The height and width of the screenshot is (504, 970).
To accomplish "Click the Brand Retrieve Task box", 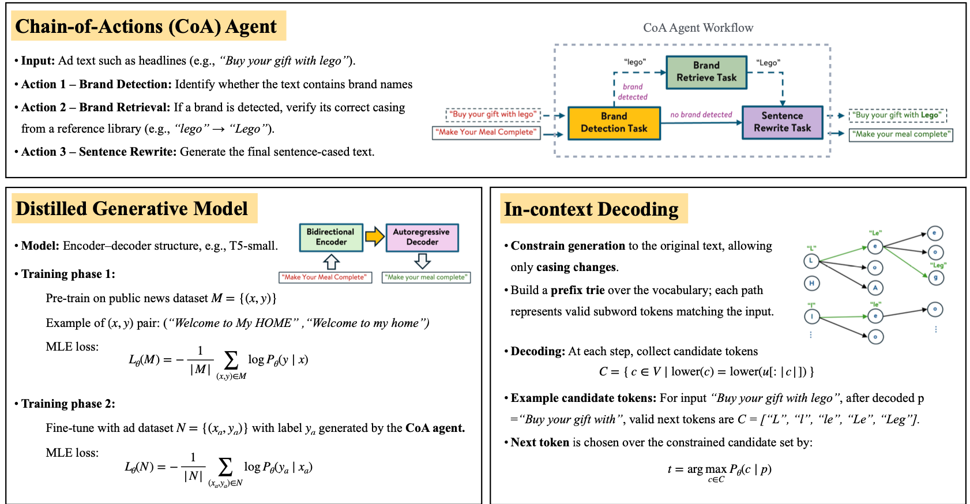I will pos(706,72).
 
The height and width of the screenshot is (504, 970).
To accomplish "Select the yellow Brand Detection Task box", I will pos(614,123).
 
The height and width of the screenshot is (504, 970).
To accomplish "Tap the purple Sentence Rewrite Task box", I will pos(782,122).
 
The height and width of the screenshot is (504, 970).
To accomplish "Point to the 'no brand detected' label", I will pos(701,115).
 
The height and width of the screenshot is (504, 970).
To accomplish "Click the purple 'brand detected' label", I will pos(633,92).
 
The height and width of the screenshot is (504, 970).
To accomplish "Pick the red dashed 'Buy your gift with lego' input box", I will pos(493,114).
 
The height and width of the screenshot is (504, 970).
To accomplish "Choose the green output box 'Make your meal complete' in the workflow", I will pos(901,134).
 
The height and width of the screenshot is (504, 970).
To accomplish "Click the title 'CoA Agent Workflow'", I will pos(698,28).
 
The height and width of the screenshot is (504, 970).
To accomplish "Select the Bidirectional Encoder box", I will pos(331,237).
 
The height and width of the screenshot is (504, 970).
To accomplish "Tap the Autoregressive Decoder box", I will pos(422,237).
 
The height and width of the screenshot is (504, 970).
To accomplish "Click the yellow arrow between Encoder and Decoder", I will pos(375,236).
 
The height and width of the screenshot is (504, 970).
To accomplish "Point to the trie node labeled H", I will pos(811,283).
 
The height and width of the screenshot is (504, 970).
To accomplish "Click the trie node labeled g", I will pos(935,277).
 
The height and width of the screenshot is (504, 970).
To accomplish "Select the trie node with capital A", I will pos(875,288).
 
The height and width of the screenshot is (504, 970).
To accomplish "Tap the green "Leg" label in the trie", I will pos(938,265).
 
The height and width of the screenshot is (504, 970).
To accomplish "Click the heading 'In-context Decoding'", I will pos(591,209).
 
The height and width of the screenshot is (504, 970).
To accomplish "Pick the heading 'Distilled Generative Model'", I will pos(131,209).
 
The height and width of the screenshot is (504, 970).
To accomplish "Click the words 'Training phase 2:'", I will pos(68,404).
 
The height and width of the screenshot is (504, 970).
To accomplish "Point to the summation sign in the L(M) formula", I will pos(231,360).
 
